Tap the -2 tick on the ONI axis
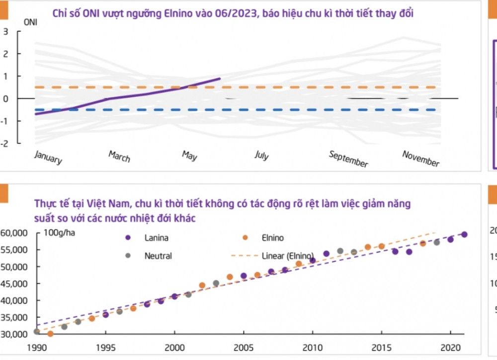pos(4,144)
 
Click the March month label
pos(119,156)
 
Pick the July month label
pos(261,155)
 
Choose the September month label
pos(348,159)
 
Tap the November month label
pos(421,158)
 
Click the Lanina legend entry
pos(156,238)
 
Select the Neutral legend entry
pos(158,256)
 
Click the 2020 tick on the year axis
pos(450,347)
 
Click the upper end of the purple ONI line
pos(220,78)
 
